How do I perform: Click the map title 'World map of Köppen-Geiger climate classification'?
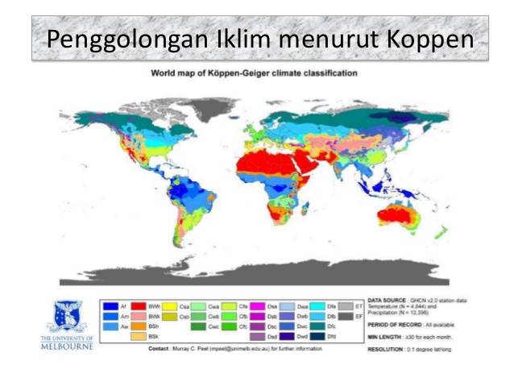255,73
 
